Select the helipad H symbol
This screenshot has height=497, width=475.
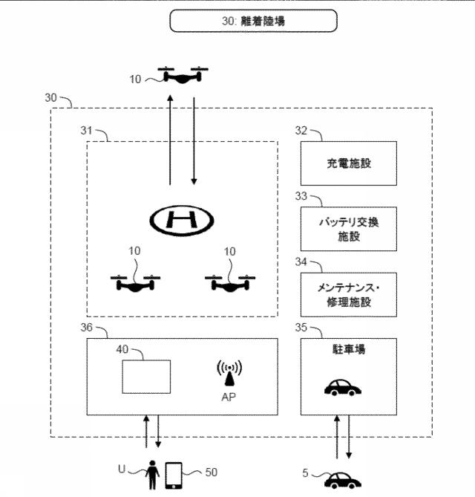tap(181, 219)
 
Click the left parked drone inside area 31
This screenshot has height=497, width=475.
tap(135, 282)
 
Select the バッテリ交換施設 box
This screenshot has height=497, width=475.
tap(349, 230)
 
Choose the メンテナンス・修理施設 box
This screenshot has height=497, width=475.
tap(349, 295)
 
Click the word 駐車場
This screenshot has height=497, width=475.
tap(349, 348)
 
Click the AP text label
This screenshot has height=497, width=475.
tap(229, 397)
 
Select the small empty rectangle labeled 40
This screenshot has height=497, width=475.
tap(146, 376)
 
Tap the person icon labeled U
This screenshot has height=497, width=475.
tap(154, 474)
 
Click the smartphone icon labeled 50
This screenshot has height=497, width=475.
tap(174, 475)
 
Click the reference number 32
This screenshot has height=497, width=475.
tap(301, 130)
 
